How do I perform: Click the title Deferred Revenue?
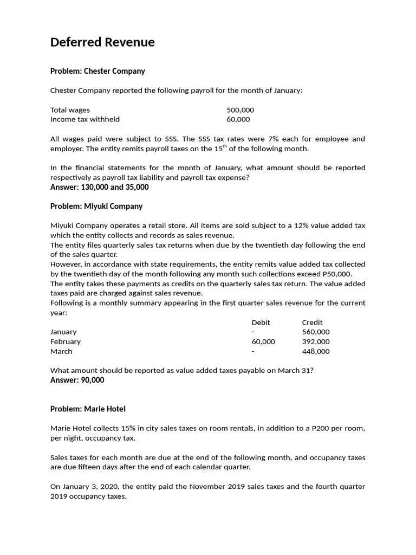(102, 42)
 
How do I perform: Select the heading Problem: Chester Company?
(97, 71)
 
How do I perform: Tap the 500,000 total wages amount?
(240, 110)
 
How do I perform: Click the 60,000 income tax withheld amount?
(238, 119)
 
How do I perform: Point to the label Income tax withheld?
(85, 119)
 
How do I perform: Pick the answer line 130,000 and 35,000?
(99, 187)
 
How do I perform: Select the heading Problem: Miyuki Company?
(96, 206)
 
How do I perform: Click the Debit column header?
(261, 322)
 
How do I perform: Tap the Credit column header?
(312, 322)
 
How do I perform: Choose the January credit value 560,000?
(316, 332)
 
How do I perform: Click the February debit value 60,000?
(263, 341)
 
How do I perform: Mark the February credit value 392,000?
(316, 341)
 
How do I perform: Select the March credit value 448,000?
(316, 351)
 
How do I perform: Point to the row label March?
(61, 351)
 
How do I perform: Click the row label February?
(66, 341)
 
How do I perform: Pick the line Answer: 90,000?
(77, 380)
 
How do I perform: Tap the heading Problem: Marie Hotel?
(88, 409)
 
